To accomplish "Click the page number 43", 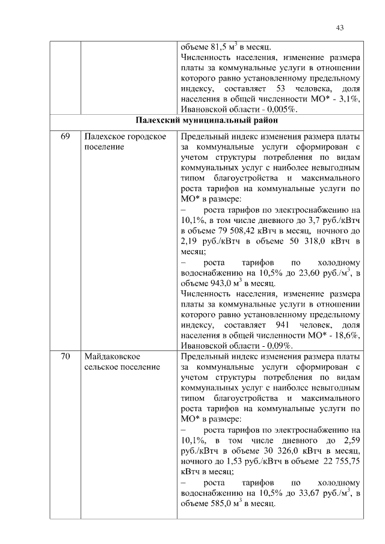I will click(x=339, y=27).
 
